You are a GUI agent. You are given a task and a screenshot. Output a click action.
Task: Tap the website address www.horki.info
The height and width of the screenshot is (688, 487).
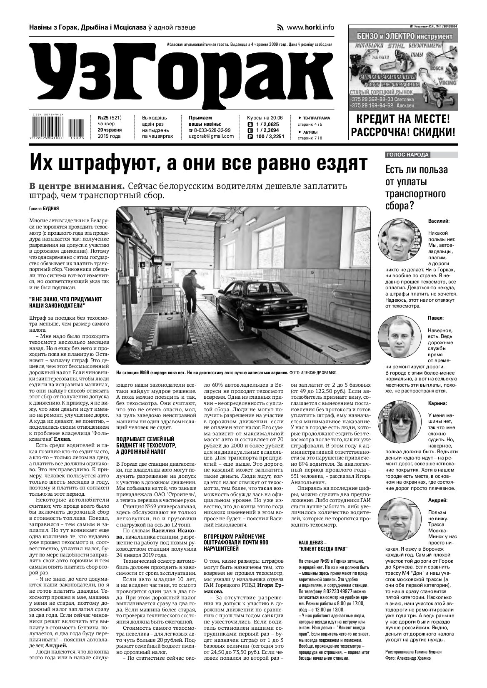310,27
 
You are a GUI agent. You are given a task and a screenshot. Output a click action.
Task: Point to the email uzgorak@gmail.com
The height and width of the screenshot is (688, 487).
211,136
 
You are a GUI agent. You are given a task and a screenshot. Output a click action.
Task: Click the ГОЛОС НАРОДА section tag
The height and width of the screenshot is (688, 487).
408,155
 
